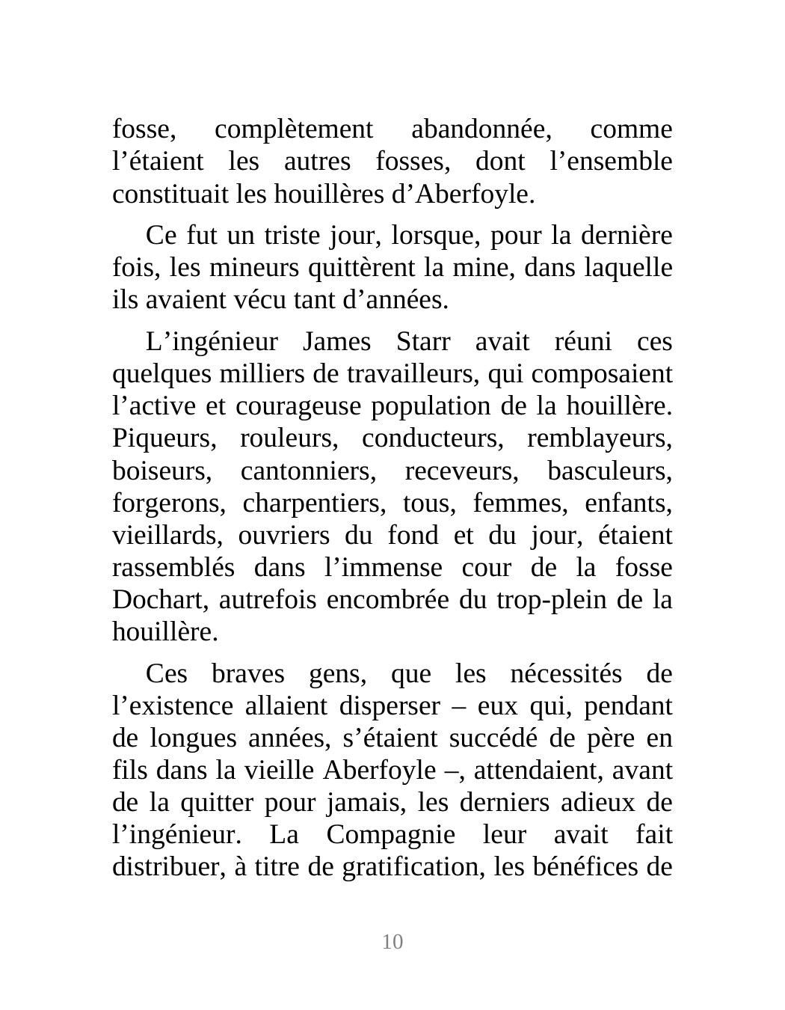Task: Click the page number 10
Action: tap(392, 942)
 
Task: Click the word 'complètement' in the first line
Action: tap(293, 130)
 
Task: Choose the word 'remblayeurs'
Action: tap(600, 439)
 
